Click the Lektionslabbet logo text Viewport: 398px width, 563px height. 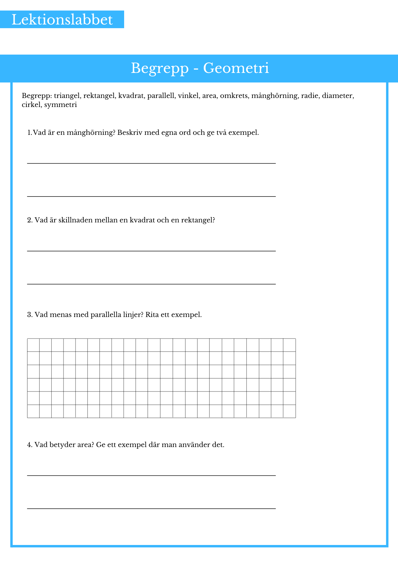coord(62,20)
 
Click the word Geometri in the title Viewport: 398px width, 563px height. coord(236,68)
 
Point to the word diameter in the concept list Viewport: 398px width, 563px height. coord(338,96)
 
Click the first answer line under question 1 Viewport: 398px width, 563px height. coord(151,163)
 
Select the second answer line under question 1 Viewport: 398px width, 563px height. coord(151,196)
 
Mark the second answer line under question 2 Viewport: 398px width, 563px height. coord(151,284)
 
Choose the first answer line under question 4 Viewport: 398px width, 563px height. coord(151,475)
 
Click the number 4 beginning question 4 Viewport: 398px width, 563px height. coord(29,445)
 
